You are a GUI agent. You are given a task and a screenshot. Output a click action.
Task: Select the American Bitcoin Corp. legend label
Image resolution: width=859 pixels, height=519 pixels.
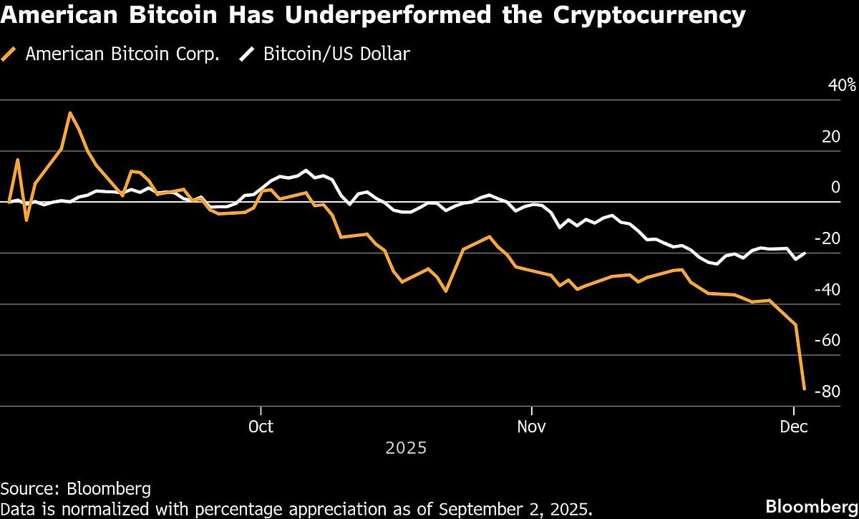122,54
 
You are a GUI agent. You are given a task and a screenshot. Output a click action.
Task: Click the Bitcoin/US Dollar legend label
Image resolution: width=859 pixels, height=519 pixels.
336,54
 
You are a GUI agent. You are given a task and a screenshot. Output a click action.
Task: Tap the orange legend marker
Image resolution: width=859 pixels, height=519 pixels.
10,54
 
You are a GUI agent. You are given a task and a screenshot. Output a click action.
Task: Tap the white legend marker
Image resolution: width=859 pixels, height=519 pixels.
248,54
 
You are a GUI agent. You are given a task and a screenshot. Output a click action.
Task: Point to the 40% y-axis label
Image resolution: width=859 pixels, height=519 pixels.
841,85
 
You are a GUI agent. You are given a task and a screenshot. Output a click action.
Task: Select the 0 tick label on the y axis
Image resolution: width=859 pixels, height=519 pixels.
835,188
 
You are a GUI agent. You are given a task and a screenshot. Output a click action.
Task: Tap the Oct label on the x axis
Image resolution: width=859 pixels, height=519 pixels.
261,427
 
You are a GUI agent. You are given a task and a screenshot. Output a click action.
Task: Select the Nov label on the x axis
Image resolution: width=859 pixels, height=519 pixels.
531,427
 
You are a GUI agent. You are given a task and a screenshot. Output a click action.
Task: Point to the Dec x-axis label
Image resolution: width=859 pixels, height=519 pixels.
793,427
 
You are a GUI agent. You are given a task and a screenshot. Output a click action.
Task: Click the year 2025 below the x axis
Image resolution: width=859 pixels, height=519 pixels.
406,449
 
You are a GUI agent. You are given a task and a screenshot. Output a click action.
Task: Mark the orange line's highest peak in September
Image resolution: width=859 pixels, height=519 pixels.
69,112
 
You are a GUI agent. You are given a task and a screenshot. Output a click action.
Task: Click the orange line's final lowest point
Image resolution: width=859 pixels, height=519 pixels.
805,389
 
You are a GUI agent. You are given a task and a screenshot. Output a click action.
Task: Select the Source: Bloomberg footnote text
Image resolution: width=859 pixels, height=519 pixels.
76,489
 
